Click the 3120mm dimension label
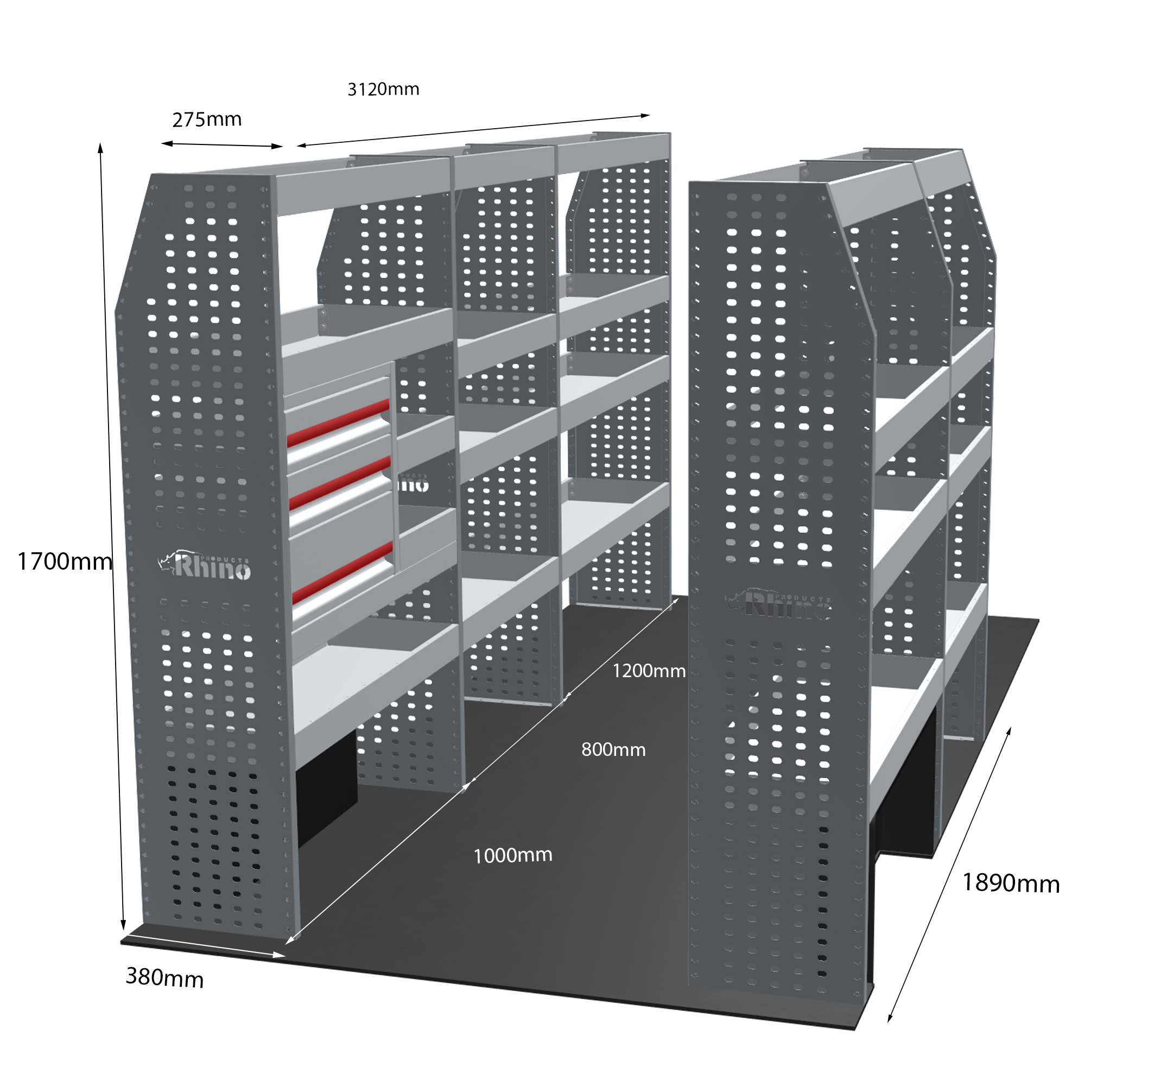coord(383,89)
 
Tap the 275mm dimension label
coord(207,119)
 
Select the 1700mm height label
coord(65,562)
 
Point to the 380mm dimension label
coord(165,977)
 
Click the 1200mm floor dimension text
coord(649,671)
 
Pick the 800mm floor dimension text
coord(613,749)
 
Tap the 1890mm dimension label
coord(1011,883)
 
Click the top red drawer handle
coord(338,424)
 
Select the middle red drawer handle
coord(340,483)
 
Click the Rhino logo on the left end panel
coord(204,565)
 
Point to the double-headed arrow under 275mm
coord(222,145)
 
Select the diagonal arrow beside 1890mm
coord(949,874)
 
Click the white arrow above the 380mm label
coord(202,945)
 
